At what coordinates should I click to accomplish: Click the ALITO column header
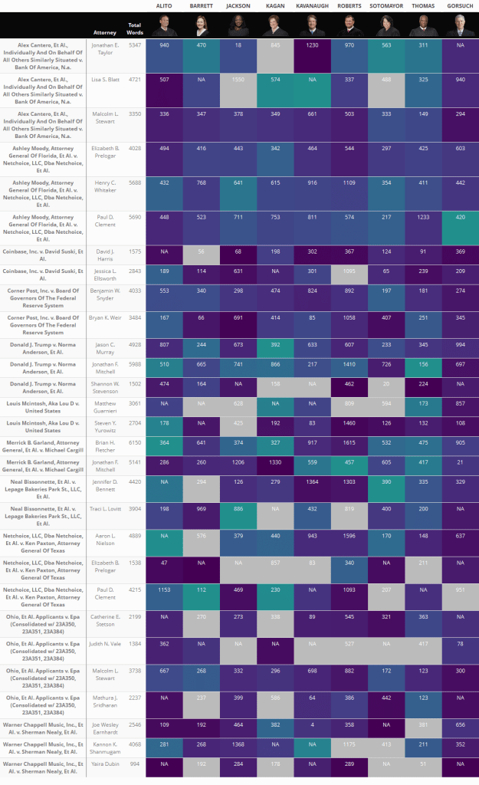pos(164,5)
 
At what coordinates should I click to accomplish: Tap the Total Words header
pos(135,29)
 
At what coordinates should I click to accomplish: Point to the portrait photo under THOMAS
pos(422,25)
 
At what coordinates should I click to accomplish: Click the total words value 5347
pos(135,45)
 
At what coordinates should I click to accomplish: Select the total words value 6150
pos(135,442)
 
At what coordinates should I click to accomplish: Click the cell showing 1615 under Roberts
pos(349,442)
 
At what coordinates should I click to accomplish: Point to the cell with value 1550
pos(238,80)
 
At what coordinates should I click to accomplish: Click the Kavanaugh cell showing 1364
pos(312,502)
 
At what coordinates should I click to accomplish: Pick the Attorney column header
pos(105,33)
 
